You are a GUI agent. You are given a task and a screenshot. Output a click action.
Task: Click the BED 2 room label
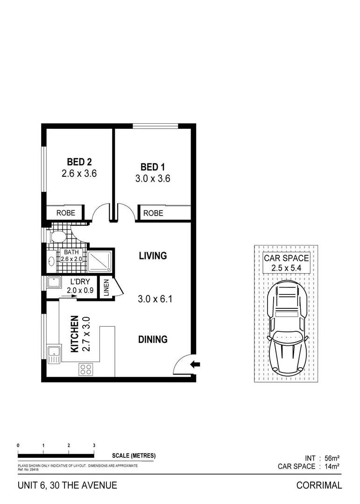coord(79,162)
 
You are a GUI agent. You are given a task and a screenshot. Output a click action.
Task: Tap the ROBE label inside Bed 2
coord(66,213)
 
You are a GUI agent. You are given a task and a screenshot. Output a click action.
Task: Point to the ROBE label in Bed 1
coord(153,213)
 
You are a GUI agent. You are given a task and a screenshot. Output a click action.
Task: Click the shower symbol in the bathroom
coord(100,262)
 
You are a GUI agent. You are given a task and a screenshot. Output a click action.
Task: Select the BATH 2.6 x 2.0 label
coord(71,255)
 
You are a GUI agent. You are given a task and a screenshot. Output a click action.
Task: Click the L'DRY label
coord(79,282)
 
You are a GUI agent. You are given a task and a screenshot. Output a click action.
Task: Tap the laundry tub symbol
coord(54,282)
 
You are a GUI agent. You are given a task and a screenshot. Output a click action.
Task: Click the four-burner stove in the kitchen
coord(85,370)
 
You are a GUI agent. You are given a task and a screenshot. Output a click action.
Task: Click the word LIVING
coord(153,256)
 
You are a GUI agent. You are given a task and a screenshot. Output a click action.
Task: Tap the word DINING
coord(153,339)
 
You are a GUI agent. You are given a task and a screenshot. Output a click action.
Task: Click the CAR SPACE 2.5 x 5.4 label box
coord(286,263)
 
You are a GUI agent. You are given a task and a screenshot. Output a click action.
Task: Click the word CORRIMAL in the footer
coord(319,485)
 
